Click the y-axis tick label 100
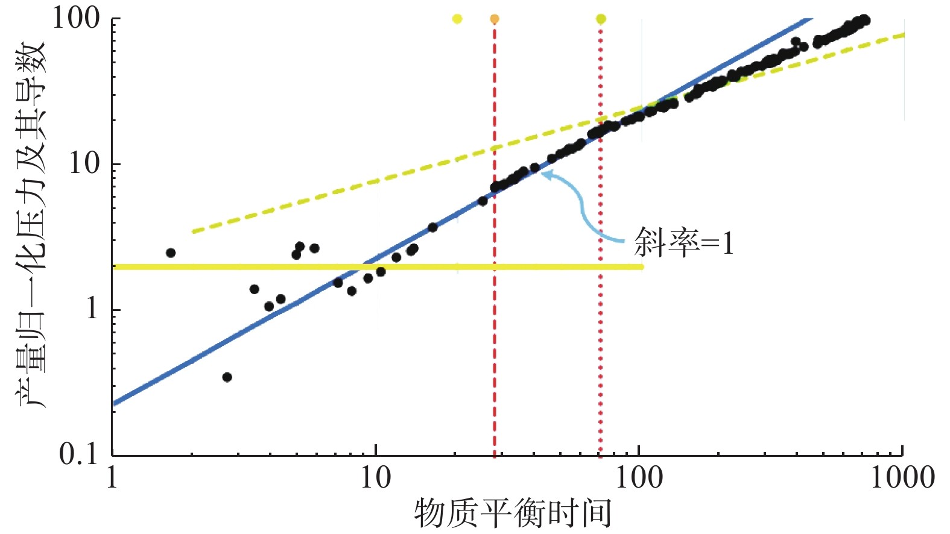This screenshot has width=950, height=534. tap(76, 18)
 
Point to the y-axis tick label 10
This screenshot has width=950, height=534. tap(84, 163)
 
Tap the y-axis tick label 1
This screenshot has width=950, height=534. tap(92, 309)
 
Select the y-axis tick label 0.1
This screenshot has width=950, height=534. tap(78, 454)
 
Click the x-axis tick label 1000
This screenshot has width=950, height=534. tap(902, 478)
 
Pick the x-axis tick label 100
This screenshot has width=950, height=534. tap(639, 478)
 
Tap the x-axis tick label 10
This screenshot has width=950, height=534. tap(376, 478)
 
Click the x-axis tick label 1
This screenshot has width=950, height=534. tap(112, 478)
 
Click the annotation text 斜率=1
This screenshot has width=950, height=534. tap(684, 243)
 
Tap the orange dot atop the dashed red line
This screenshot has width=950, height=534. tap(495, 19)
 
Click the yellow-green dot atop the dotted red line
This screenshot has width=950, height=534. tap(601, 19)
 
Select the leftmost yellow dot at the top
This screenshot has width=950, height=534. tap(457, 19)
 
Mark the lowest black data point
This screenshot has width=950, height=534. tap(227, 377)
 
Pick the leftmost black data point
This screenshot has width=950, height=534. tap(171, 253)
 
